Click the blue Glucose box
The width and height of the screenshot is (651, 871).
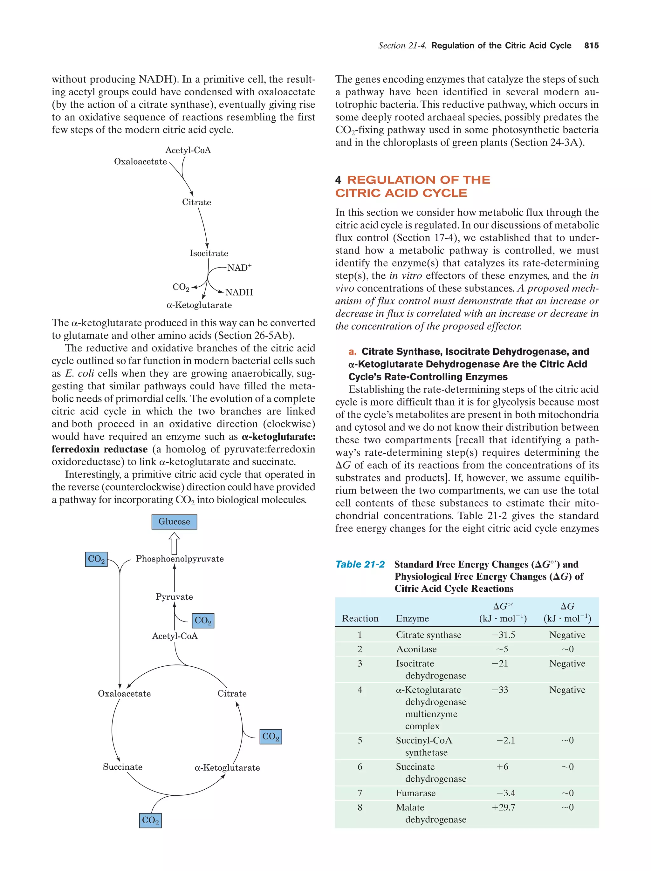pyautogui.click(x=174, y=522)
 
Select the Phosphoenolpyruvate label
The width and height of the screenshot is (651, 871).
pyautogui.click(x=180, y=559)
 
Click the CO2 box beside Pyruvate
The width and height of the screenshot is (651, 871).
pyautogui.click(x=203, y=621)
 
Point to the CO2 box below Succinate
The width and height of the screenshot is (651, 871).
pyautogui.click(x=150, y=820)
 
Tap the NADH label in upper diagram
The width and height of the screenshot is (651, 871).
pyautogui.click(x=239, y=292)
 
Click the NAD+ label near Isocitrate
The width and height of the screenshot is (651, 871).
pyautogui.click(x=239, y=268)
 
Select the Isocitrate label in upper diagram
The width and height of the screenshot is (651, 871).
pyautogui.click(x=209, y=253)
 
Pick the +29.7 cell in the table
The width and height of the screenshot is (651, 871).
pyautogui.click(x=503, y=807)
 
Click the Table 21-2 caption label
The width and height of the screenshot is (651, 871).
pyautogui.click(x=360, y=564)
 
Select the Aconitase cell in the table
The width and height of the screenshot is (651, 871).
pyautogui.click(x=416, y=649)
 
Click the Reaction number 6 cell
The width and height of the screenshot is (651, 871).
pyautogui.click(x=360, y=767)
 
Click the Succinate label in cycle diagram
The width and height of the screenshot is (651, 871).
pyautogui.click(x=122, y=767)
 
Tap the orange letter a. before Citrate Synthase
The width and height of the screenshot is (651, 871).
pyautogui.click(x=353, y=352)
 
